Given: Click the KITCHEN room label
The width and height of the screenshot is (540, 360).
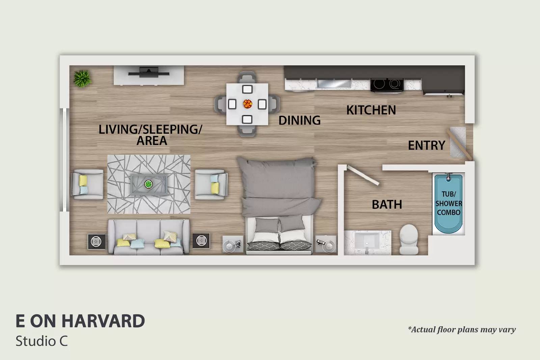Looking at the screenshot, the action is click(371, 110).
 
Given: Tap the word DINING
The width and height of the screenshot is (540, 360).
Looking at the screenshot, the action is click(299, 120).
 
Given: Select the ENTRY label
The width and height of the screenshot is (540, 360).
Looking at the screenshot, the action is click(427, 145).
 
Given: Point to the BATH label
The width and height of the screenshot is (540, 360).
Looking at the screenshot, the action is click(387, 204).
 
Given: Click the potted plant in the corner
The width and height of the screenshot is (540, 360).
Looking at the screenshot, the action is click(82, 78).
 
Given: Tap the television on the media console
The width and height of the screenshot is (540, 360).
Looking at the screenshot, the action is click(148, 73).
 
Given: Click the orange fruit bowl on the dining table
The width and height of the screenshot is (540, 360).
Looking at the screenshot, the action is click(247, 104).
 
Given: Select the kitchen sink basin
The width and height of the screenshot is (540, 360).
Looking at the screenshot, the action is click(334, 84).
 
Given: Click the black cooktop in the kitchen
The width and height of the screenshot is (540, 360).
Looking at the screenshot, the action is click(387, 85).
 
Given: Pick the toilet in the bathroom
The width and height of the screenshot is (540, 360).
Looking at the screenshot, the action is click(409, 239).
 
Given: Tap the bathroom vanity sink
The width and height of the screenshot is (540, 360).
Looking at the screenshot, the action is click(367, 242).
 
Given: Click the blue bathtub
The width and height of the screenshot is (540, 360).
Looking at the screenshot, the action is click(449, 203).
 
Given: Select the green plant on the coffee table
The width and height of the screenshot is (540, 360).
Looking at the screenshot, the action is click(148, 184).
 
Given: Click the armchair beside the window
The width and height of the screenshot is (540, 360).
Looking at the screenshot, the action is click(87, 184).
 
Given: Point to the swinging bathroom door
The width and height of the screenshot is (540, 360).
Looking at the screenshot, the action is click(363, 175).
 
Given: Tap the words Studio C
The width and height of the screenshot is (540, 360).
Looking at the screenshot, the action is click(42, 341).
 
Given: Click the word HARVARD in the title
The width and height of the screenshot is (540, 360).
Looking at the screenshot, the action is click(103, 321).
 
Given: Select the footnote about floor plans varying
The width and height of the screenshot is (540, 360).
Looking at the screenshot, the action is click(462, 330).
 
